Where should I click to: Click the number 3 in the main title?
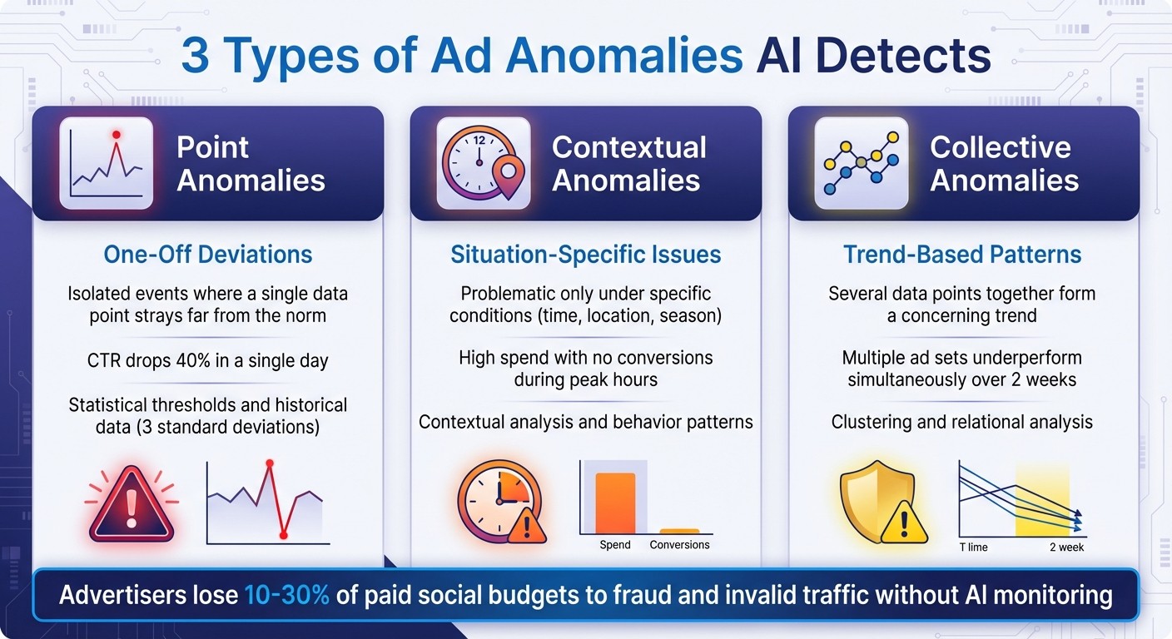[196, 56]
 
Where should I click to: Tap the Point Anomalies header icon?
[107, 163]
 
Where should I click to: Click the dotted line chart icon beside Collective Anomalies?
[862, 163]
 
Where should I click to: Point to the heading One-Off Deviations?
[208, 255]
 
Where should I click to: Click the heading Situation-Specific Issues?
[586, 255]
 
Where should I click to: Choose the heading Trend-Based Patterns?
[962, 255]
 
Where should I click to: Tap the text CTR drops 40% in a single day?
[208, 361]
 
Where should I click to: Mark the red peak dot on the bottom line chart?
[269, 463]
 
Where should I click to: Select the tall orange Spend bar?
[615, 503]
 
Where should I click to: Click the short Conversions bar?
[679, 531]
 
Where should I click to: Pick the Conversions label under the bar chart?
[679, 545]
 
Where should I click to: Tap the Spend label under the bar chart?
[615, 545]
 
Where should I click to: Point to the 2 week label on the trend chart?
[1066, 547]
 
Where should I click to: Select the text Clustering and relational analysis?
[962, 423]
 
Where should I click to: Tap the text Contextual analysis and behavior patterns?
[586, 422]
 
